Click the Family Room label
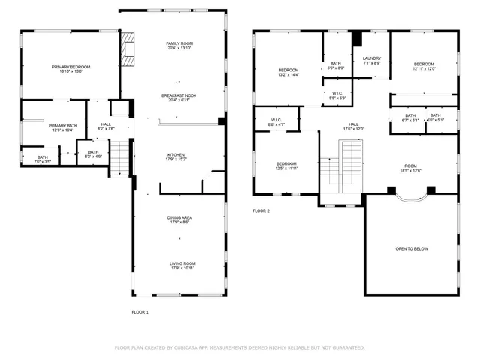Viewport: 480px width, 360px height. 179,44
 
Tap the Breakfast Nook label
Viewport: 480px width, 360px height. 179,95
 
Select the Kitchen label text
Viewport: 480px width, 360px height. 176,154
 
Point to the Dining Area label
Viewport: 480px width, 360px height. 179,218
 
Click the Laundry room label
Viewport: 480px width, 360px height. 372,58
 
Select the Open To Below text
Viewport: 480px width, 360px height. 411,249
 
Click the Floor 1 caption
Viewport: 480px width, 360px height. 140,311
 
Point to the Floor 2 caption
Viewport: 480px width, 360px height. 261,211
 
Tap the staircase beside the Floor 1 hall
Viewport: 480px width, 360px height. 121,156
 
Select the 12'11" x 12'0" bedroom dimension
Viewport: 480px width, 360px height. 424,69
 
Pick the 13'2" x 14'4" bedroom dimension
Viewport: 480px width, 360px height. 289,75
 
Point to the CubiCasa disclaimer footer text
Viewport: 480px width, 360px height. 239,347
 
